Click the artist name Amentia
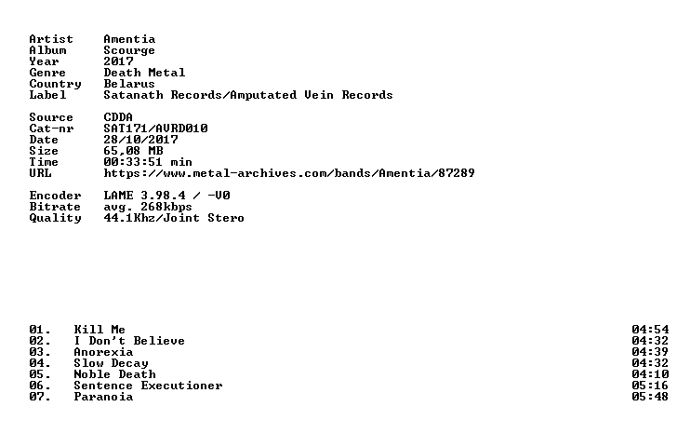(129, 39)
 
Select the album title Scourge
(129, 50)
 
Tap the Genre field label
(47, 73)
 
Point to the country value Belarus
(129, 84)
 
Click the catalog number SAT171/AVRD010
(156, 129)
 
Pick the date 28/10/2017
(140, 140)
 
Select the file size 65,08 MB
(133, 151)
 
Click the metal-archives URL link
(289, 173)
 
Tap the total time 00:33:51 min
(148, 162)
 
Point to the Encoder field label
(55, 196)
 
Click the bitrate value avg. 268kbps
(148, 207)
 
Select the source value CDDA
(118, 117)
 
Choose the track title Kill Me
(100, 330)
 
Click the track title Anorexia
(103, 352)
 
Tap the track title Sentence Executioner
(148, 386)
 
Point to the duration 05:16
(650, 386)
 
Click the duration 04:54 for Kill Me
(650, 330)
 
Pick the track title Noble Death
(115, 374)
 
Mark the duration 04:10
(650, 374)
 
